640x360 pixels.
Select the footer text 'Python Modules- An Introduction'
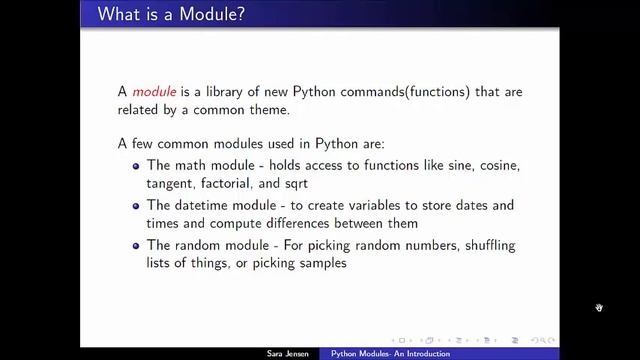pyautogui.click(x=390, y=354)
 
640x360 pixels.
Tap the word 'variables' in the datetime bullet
pyautogui.click(x=368, y=205)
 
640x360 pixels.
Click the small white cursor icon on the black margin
pyautogui.click(x=599, y=308)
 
